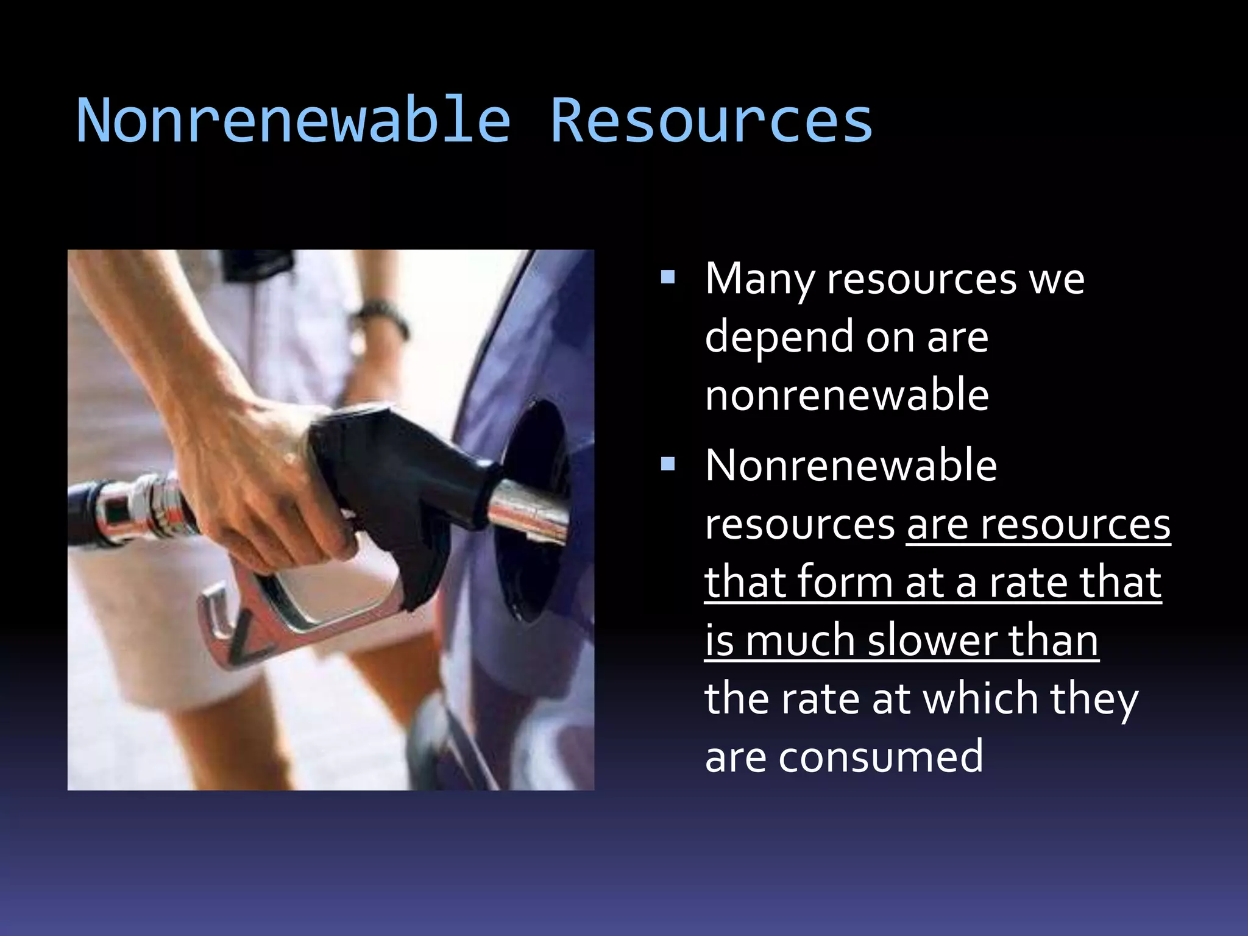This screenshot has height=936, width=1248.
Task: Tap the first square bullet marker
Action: click(668, 278)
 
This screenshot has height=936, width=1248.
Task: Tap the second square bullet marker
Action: click(668, 466)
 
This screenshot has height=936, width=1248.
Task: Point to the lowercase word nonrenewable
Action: click(846, 395)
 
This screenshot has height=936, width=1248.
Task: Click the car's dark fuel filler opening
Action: click(536, 463)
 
